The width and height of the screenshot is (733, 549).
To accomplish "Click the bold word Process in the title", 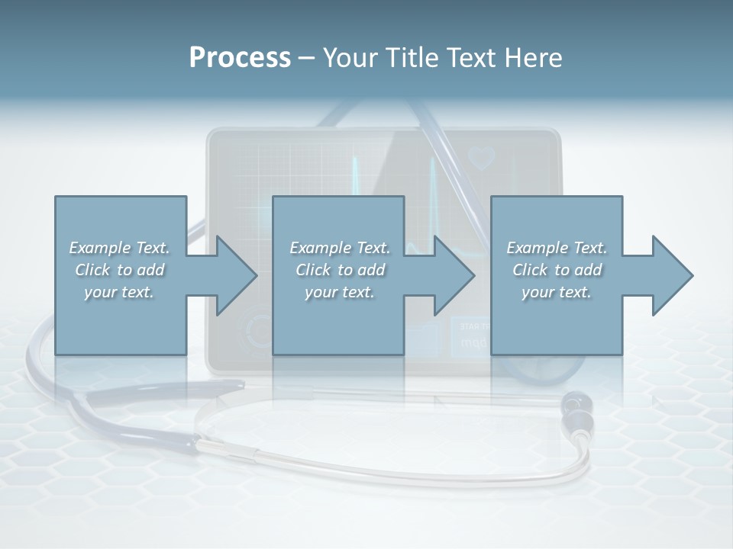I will click(x=240, y=58).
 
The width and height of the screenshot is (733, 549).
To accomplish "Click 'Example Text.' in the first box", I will click(x=120, y=248).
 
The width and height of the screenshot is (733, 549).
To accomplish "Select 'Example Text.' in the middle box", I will click(x=340, y=248).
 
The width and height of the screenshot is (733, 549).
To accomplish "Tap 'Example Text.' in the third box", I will click(x=557, y=248).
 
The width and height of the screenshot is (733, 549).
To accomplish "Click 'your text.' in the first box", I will click(x=119, y=292).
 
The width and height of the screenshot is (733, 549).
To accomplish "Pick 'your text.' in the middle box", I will click(x=339, y=292).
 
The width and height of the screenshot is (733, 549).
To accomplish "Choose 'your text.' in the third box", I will click(x=556, y=292).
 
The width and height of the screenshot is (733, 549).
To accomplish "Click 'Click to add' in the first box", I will click(x=120, y=270).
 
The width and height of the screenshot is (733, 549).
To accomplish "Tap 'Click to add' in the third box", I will click(x=557, y=270).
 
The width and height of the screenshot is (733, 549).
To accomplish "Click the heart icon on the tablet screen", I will click(x=482, y=158).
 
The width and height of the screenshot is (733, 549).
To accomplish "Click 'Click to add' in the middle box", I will click(x=340, y=270).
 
